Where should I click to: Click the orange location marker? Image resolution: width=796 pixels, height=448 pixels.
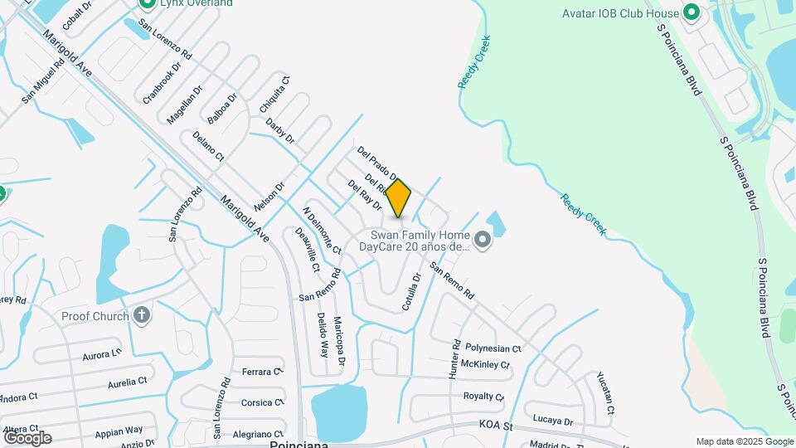(x=399, y=197)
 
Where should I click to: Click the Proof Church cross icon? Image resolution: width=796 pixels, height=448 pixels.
(x=142, y=315)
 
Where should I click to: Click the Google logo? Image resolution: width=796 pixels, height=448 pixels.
(x=27, y=437)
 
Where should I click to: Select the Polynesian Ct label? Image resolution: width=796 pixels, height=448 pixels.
(x=493, y=349)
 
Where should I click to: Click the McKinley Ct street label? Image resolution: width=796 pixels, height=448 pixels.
(x=485, y=364)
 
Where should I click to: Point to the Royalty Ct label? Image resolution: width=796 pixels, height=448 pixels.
(x=484, y=397)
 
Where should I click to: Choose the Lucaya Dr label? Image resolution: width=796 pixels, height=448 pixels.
(x=553, y=420)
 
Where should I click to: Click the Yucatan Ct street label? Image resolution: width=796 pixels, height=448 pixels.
(x=605, y=392)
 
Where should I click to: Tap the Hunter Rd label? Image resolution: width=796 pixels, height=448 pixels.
(x=454, y=359)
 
